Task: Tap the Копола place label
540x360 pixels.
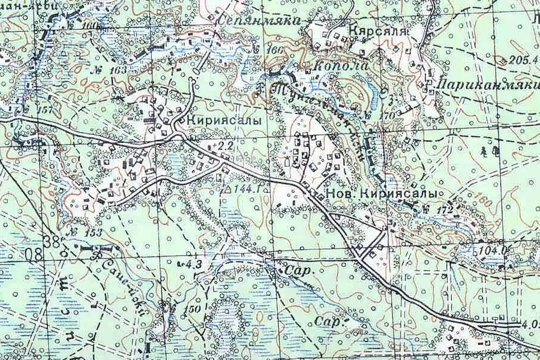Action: pyautogui.click(x=341, y=66)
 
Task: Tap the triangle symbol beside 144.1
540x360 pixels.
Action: pyautogui.click(x=226, y=188)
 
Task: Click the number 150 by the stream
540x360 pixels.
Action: pyautogui.click(x=193, y=308)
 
